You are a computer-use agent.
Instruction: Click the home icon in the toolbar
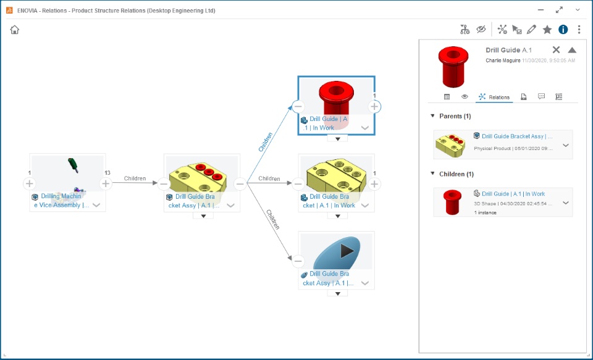tap(15, 30)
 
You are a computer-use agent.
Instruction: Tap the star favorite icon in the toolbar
tap(547, 30)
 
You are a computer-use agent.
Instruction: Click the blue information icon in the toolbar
tap(563, 30)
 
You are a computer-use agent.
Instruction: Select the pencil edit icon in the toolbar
tap(531, 30)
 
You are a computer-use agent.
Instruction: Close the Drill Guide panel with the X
tap(556, 50)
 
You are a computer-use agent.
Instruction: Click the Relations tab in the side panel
tap(494, 97)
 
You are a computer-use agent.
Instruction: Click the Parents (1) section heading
tap(455, 116)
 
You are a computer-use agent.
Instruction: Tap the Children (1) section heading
tap(456, 174)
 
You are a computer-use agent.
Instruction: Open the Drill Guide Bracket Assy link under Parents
tap(516, 136)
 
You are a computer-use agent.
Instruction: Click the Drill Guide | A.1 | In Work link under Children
tap(513, 194)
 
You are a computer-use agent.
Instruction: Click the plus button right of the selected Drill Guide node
tap(374, 106)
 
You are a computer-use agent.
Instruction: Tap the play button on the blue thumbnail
tap(348, 251)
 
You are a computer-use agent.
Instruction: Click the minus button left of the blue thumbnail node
tap(298, 261)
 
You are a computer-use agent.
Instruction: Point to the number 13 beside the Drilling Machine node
tap(107, 173)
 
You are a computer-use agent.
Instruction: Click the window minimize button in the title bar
tap(541, 10)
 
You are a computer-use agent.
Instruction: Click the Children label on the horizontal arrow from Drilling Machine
tap(135, 179)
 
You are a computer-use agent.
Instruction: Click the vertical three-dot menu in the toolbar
tap(579, 30)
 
